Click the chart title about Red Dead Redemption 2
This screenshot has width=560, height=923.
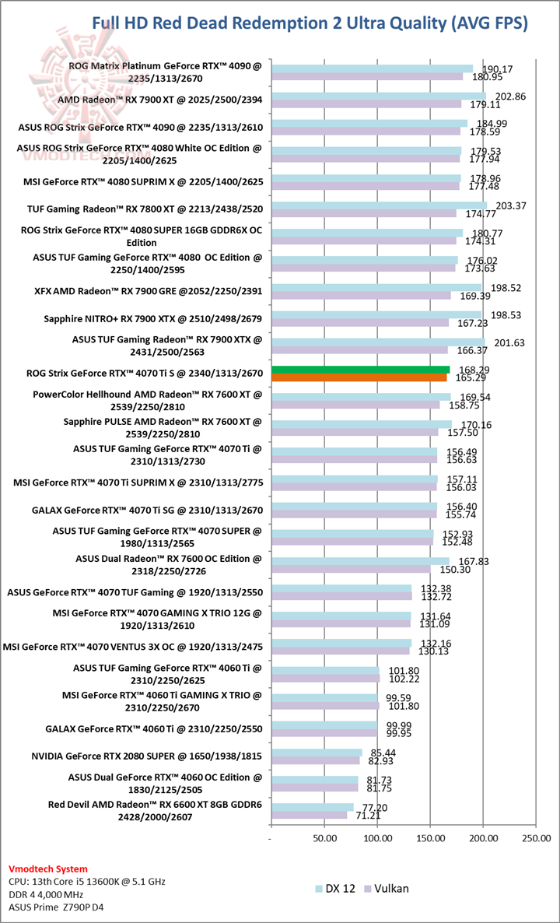(x=310, y=23)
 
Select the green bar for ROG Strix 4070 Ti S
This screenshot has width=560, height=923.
(x=360, y=370)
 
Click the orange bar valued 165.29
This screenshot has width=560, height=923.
(x=359, y=377)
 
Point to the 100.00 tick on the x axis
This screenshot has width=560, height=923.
(x=378, y=839)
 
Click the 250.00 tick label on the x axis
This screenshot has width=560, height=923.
(x=537, y=839)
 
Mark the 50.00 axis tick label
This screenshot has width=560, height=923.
(x=324, y=839)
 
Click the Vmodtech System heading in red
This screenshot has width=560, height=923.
(x=47, y=869)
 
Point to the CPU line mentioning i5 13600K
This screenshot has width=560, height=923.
(x=86, y=882)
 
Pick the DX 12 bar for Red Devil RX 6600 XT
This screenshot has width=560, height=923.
(x=312, y=808)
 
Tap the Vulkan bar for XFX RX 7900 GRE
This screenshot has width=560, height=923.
(x=361, y=296)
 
